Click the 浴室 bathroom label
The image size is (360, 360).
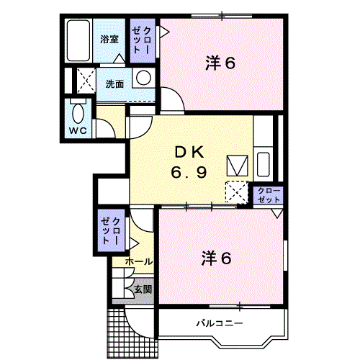click(x=109, y=39)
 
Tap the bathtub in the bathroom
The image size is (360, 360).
click(x=78, y=40)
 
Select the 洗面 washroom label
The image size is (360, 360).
click(x=115, y=84)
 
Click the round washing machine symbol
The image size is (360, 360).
click(x=143, y=78)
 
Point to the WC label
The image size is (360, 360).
click(x=78, y=131)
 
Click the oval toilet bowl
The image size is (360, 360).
click(x=78, y=113)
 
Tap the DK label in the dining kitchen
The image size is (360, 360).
click(x=189, y=153)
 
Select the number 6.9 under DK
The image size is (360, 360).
click(x=189, y=172)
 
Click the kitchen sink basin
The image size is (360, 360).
click(x=263, y=165)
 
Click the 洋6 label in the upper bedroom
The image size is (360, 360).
click(x=220, y=63)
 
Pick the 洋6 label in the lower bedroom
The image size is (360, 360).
click(x=216, y=258)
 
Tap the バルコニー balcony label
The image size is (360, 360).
click(x=220, y=323)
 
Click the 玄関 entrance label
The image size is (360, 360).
click(x=143, y=289)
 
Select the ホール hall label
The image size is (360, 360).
click(x=139, y=261)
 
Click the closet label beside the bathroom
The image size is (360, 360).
click(x=142, y=40)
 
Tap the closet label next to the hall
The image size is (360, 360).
click(x=110, y=231)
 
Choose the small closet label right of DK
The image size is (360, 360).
click(x=269, y=195)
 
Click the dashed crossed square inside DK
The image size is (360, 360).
click(x=237, y=192)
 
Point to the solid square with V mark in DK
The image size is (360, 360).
click(x=238, y=166)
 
